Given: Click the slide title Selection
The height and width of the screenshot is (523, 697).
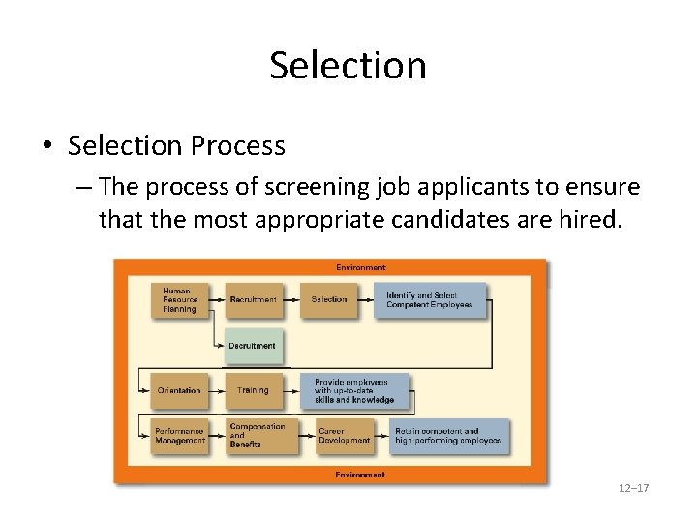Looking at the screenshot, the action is [x=348, y=66].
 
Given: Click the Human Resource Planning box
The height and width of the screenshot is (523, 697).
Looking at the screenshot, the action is [x=180, y=300].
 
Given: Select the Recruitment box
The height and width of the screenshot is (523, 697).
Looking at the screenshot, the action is [x=254, y=300].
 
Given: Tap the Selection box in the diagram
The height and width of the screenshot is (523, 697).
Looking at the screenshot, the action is [x=329, y=300].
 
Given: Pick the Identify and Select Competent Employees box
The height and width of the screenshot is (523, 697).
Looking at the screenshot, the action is [x=431, y=300].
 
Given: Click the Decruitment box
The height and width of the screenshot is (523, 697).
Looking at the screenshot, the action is [x=254, y=346].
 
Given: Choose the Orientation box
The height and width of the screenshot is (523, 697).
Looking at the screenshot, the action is [x=180, y=390].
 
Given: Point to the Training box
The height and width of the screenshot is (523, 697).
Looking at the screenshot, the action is [x=254, y=390].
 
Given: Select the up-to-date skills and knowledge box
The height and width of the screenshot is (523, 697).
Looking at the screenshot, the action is [x=355, y=390].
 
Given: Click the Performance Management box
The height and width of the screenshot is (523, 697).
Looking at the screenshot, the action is [x=180, y=436].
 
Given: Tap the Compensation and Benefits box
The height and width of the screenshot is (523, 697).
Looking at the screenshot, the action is [x=258, y=436].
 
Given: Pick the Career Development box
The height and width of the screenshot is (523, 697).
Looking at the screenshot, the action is [x=345, y=436].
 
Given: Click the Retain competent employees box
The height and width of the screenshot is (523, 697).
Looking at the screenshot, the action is [x=449, y=436].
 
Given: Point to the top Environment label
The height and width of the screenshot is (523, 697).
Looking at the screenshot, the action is [x=361, y=267].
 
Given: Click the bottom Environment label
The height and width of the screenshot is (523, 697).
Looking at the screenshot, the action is [x=360, y=475].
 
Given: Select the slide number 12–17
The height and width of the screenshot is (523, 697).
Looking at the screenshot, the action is [x=633, y=488].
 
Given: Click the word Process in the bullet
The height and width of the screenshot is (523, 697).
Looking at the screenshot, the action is [x=238, y=146].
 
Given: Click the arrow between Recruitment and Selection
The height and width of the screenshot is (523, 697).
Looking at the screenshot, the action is [x=291, y=300].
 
